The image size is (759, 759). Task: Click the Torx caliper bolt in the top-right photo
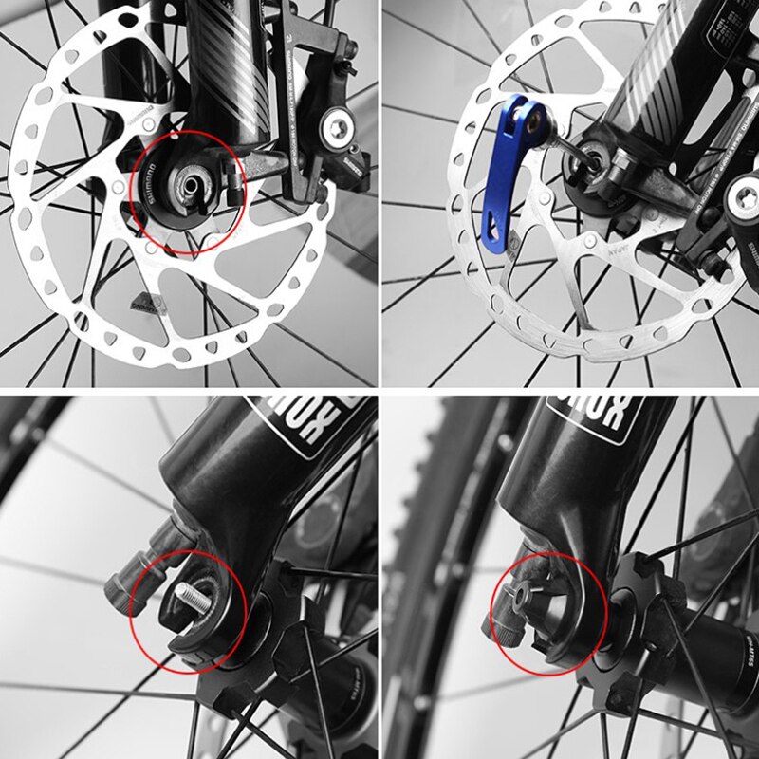(x=741, y=199)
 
